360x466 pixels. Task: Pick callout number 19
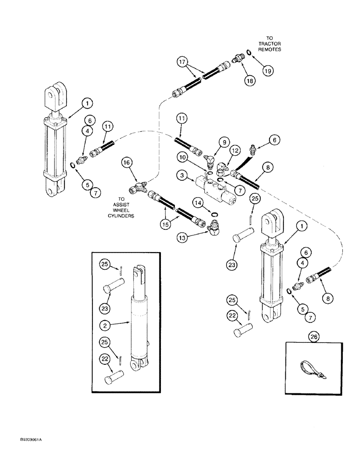pos(267,70)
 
